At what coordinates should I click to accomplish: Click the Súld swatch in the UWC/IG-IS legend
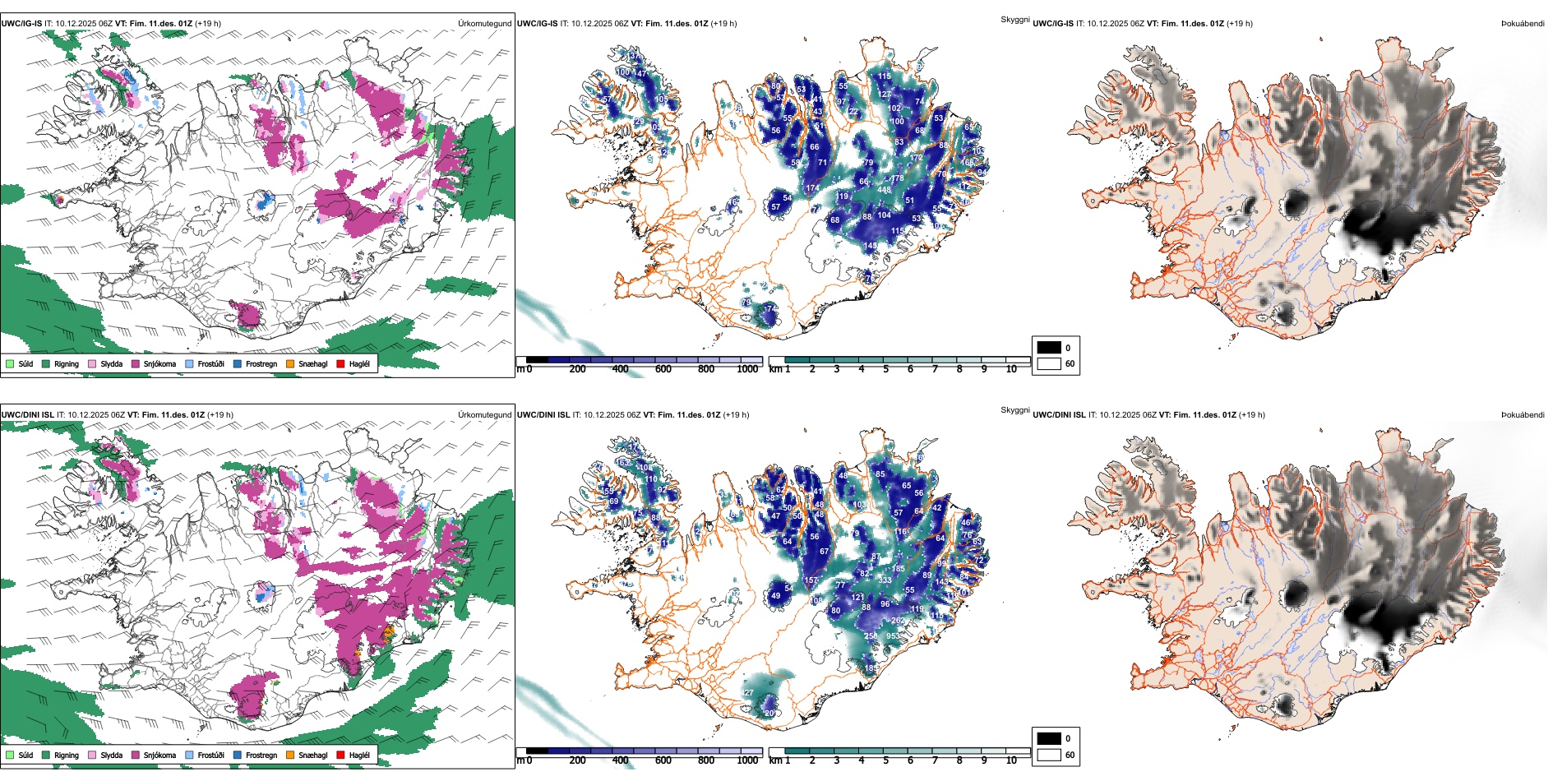pyautogui.click(x=10, y=363)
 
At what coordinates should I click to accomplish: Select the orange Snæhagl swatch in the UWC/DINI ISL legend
pyautogui.click(x=290, y=755)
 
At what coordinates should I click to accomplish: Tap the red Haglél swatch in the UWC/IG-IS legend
pyautogui.click(x=340, y=363)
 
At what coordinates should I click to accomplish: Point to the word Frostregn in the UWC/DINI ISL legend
pyautogui.click(x=261, y=755)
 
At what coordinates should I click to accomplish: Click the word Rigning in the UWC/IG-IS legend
pyautogui.click(x=67, y=363)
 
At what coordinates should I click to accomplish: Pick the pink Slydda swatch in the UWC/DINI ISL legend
pyautogui.click(x=92, y=755)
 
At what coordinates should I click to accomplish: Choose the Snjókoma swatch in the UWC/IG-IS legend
pyautogui.click(x=135, y=363)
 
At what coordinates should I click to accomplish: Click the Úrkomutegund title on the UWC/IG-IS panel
pyautogui.click(x=484, y=23)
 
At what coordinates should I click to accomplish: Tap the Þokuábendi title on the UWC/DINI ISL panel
pyautogui.click(x=1523, y=414)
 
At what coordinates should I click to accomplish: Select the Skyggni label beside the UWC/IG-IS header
pyautogui.click(x=1014, y=19)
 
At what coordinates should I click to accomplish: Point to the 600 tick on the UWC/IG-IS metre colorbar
pyautogui.click(x=663, y=369)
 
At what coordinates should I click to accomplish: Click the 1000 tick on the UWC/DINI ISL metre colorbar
pyautogui.click(x=747, y=760)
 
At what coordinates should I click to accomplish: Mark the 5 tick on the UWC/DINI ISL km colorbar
pyautogui.click(x=885, y=760)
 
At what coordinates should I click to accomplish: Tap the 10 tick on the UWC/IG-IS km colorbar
pyautogui.click(x=1011, y=369)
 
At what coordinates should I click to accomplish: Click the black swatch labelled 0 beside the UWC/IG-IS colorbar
pyautogui.click(x=1049, y=348)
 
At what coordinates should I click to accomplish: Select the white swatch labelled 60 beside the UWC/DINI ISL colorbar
pyautogui.click(x=1049, y=755)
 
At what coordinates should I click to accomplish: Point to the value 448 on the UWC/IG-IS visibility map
pyautogui.click(x=884, y=190)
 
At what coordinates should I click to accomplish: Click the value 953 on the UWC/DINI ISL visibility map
pyautogui.click(x=893, y=636)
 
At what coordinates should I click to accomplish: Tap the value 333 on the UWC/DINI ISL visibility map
pyautogui.click(x=885, y=580)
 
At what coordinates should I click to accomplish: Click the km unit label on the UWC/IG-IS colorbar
pyautogui.click(x=775, y=369)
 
